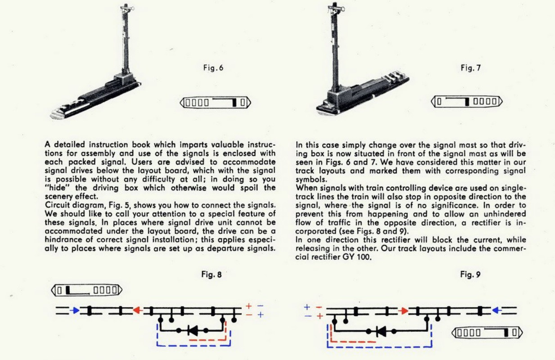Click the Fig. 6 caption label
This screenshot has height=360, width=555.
tap(214, 68)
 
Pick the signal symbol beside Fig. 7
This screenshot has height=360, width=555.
tap(467, 101)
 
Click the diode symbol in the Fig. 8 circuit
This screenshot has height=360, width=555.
tap(194, 330)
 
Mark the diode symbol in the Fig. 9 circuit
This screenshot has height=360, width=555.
tap(381, 332)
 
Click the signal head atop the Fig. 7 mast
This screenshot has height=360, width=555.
tap(334, 8)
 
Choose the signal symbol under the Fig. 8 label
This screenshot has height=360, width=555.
tap(87, 290)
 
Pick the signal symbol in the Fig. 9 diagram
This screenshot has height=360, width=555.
tap(487, 333)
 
